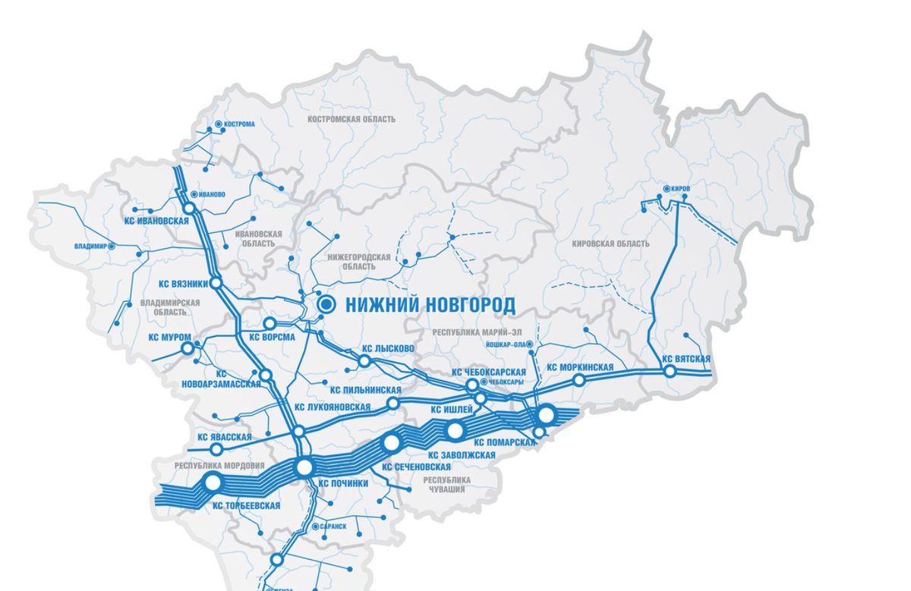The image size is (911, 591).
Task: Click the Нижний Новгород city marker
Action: click(327, 304)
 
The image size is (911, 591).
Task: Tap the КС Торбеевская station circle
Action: click(213, 482)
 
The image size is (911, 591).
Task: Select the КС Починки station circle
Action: click(304, 467)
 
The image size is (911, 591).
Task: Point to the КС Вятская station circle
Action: click(670, 371)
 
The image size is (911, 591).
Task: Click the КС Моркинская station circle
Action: click(578, 379)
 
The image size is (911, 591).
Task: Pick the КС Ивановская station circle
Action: click(189, 207)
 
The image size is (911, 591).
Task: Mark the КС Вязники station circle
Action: click(216, 283)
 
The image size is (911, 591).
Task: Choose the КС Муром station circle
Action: click(188, 348)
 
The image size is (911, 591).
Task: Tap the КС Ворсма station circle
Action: click(269, 323)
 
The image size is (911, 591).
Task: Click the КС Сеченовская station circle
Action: click(392, 442)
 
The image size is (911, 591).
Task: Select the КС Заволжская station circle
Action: click(455, 430)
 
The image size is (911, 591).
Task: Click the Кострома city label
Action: click(240, 124)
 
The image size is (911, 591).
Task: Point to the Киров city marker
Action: click(666, 188)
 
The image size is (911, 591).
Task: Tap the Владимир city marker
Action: click(112, 246)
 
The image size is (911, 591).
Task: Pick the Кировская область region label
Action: click(611, 244)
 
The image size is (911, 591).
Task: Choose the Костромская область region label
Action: click(352, 119)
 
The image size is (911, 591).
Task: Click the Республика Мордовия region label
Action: click(219, 466)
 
